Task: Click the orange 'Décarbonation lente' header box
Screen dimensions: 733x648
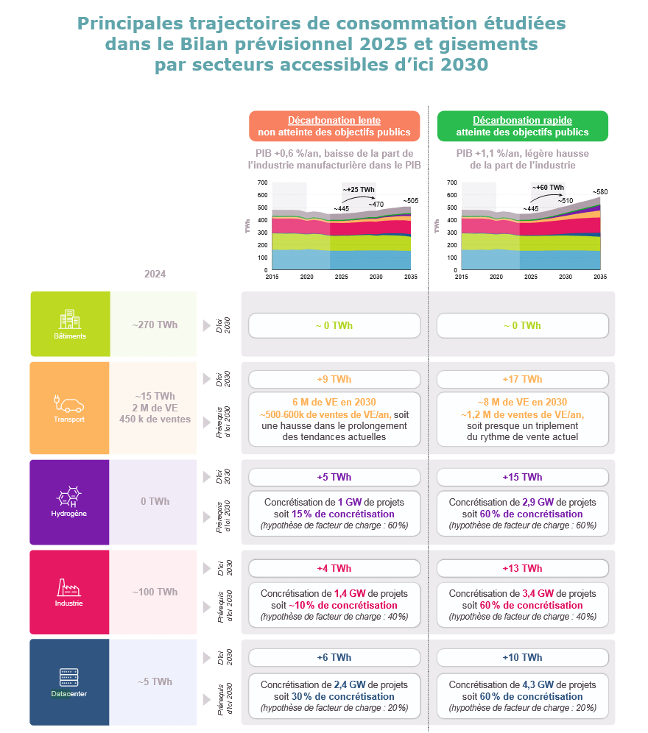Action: pos(334,126)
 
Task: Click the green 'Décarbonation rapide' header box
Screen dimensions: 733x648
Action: pos(522,126)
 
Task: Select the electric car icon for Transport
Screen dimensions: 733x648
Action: pos(70,403)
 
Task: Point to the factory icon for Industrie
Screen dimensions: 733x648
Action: pos(70,587)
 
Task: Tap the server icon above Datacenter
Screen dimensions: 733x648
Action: pos(70,677)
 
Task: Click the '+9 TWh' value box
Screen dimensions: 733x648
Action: pos(334,379)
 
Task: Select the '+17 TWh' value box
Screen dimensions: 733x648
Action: pos(522,379)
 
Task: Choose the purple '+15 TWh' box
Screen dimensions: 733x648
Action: pos(522,477)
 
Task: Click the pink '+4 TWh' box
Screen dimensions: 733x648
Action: pos(334,568)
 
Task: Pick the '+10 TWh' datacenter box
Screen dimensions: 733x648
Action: pos(522,657)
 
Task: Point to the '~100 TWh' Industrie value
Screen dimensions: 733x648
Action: pos(155,592)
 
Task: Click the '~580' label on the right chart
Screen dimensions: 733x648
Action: pos(601,192)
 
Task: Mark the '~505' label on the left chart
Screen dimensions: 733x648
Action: pos(410,201)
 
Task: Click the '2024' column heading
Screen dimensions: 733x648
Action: pos(155,274)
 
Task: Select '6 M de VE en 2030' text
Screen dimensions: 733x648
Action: pos(334,402)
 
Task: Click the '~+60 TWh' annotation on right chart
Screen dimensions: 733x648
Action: pos(548,188)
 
